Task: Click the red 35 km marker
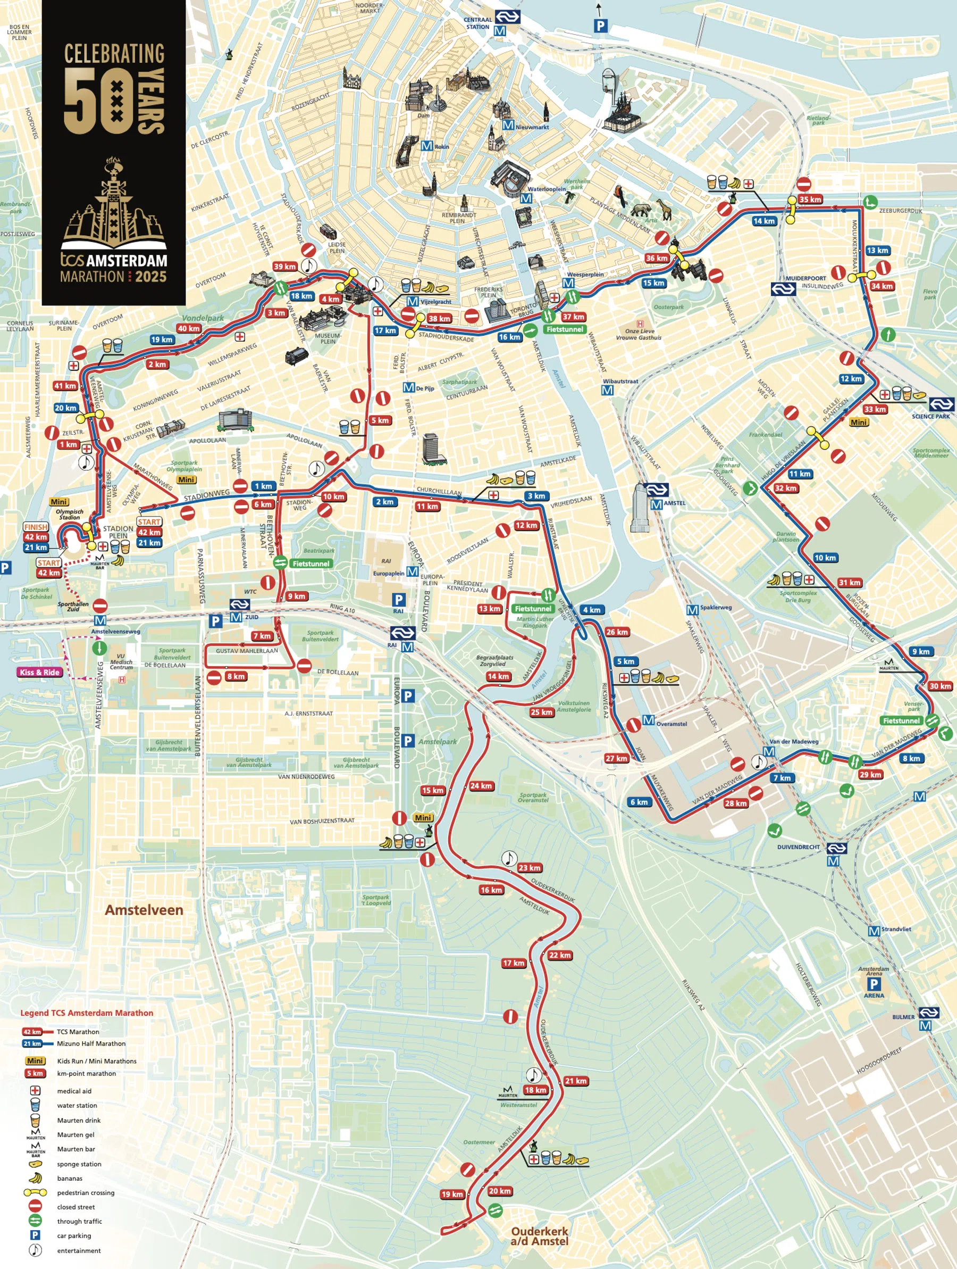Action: (810, 200)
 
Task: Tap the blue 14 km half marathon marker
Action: (764, 221)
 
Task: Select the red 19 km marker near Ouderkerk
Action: (452, 1195)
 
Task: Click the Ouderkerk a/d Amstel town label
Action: (539, 1235)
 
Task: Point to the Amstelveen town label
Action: (144, 910)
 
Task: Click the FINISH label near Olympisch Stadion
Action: (36, 527)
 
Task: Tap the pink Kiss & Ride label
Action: (39, 673)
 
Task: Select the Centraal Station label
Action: (477, 23)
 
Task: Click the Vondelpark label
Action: (203, 318)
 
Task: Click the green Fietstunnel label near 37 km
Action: (565, 329)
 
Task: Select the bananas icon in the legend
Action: (35, 1178)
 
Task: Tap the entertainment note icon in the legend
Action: (35, 1250)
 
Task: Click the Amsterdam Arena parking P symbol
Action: (874, 984)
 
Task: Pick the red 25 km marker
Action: (541, 712)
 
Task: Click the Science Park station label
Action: (930, 416)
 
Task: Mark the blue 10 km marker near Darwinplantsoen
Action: (825, 558)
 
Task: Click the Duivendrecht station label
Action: (798, 847)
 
